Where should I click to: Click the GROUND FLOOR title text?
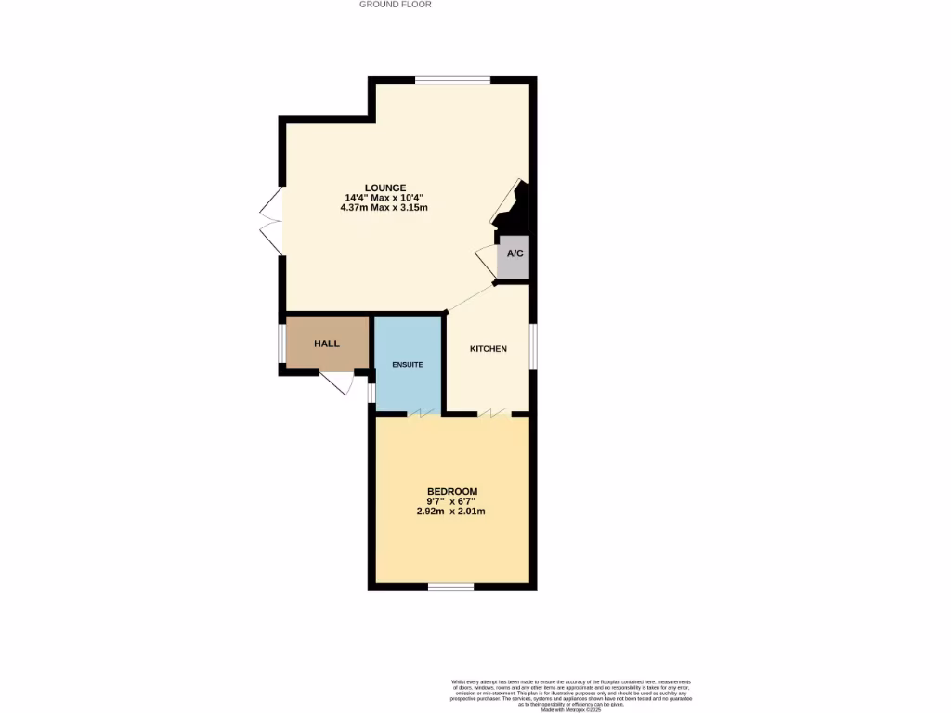pyautogui.click(x=396, y=5)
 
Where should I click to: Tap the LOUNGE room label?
pyautogui.click(x=384, y=188)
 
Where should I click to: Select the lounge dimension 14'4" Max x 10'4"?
pyautogui.click(x=384, y=198)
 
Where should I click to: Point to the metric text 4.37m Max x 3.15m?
pyautogui.click(x=384, y=208)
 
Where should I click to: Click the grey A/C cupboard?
pyautogui.click(x=513, y=254)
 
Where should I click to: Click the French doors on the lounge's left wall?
pyautogui.click(x=271, y=221)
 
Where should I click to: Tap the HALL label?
pyautogui.click(x=327, y=344)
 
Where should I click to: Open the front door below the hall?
pyautogui.click(x=337, y=381)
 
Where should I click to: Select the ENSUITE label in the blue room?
pyautogui.click(x=408, y=365)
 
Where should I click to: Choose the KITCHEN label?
pyautogui.click(x=489, y=349)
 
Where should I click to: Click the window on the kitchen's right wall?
pyautogui.click(x=532, y=345)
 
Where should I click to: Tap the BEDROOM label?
pyautogui.click(x=452, y=491)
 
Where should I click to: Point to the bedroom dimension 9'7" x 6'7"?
pyautogui.click(x=452, y=501)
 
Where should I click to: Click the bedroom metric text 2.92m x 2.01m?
pyautogui.click(x=452, y=512)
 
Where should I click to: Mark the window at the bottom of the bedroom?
pyautogui.click(x=451, y=586)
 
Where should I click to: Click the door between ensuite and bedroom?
pyautogui.click(x=426, y=413)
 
